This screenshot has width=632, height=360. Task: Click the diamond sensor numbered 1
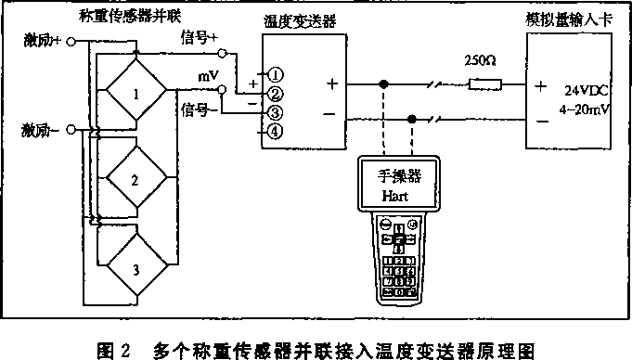pos(137,94)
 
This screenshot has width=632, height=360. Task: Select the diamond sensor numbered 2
pos(135,178)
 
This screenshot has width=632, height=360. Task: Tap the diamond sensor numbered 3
pos(135,269)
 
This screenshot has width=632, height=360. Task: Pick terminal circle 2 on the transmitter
pos(275,94)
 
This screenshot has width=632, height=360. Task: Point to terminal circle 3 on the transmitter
pos(275,112)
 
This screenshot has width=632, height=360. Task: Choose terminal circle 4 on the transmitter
pos(275,131)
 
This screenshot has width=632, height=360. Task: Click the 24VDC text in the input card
pos(584,91)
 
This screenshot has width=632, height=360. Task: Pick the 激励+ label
pos(38,41)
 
